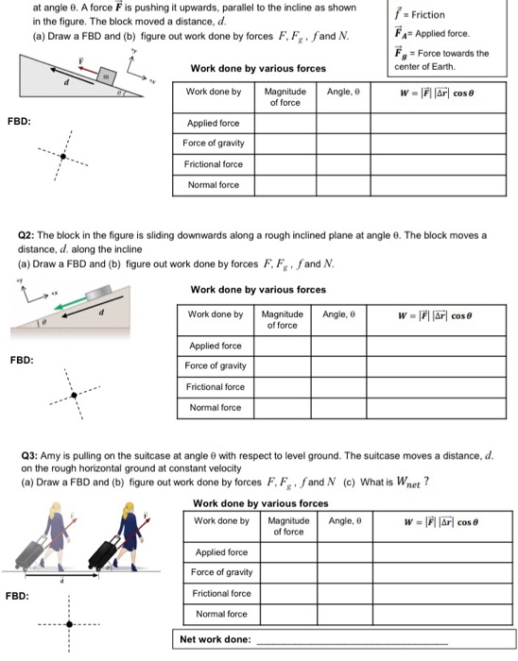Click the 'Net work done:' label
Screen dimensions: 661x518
(216, 639)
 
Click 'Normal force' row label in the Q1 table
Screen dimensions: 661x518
(213, 185)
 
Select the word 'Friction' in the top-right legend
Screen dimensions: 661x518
(427, 15)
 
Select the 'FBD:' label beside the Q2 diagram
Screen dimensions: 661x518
(22, 360)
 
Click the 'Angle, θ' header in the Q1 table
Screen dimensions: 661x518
(342, 92)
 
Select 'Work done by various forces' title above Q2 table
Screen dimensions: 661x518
(258, 289)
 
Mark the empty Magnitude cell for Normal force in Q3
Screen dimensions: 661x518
(288, 614)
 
